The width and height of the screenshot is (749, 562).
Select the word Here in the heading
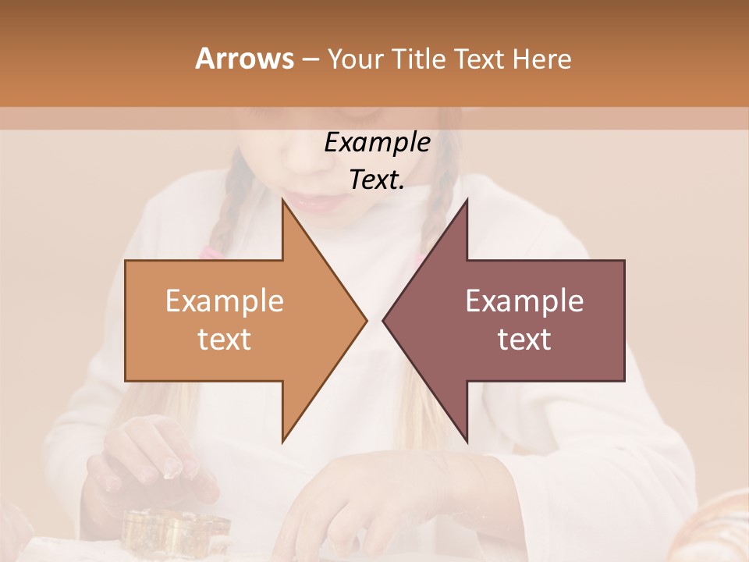(x=541, y=59)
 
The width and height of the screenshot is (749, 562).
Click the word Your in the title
(x=355, y=59)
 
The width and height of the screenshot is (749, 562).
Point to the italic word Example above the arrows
(x=377, y=143)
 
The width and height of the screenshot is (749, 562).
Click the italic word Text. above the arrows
(x=377, y=180)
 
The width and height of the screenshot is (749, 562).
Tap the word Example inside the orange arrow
(x=225, y=301)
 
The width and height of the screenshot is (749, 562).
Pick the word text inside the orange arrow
(x=225, y=340)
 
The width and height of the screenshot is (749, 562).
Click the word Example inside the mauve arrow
(x=524, y=301)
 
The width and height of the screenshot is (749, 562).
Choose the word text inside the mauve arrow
(x=524, y=340)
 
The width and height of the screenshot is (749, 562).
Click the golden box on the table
(x=176, y=529)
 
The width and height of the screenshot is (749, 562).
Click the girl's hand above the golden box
(x=152, y=461)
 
